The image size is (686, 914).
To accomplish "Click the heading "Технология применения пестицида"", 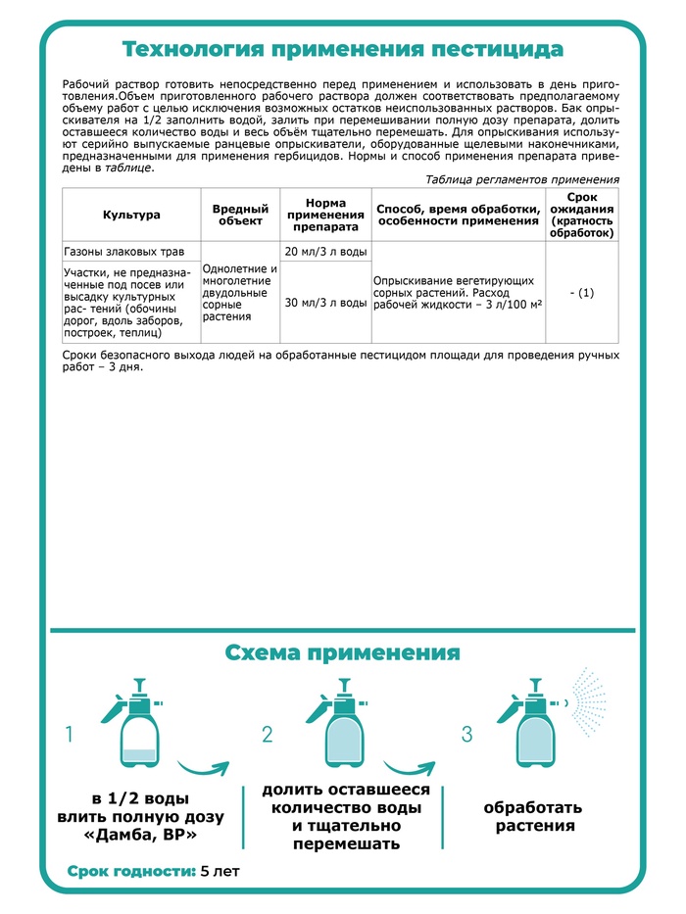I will point(342,49).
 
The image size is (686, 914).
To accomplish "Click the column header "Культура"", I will point(131,214).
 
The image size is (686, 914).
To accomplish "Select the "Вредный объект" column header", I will point(240,214).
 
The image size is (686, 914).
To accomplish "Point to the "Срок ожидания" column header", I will point(582,214).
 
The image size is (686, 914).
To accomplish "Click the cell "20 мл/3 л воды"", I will point(325,252).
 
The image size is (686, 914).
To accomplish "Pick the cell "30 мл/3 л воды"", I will point(325,303).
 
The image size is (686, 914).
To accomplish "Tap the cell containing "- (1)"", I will point(582,292).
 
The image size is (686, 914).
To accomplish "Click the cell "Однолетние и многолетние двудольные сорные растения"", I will point(240,292).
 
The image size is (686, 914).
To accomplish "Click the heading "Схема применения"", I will point(342,652).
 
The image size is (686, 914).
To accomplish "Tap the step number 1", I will point(69,735).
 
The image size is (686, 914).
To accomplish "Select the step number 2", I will point(267,735).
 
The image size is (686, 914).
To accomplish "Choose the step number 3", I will point(467,735).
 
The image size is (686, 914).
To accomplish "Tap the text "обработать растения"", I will point(532,817).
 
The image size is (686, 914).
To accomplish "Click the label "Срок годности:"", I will point(130,871).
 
